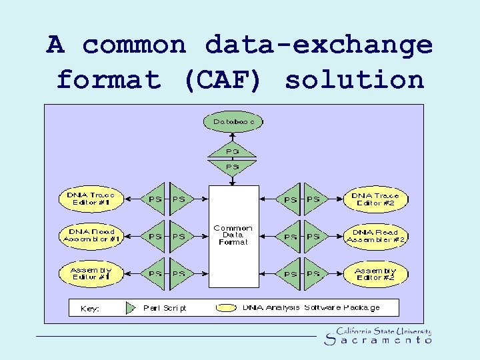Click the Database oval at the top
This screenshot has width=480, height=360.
(x=233, y=122)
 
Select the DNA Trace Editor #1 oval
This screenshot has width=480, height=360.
(x=91, y=199)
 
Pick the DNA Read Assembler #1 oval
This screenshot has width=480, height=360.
(x=91, y=235)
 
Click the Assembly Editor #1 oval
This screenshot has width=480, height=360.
(x=91, y=273)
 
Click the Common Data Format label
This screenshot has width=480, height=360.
(x=233, y=235)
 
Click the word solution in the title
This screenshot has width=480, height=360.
(x=355, y=80)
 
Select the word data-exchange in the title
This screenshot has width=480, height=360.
(x=319, y=45)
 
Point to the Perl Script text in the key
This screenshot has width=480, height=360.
(x=165, y=308)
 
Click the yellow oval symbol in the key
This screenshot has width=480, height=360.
(x=226, y=307)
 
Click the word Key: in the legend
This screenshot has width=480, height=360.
(x=89, y=309)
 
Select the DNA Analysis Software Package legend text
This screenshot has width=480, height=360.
(x=311, y=307)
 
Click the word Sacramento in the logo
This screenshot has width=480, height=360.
(x=377, y=341)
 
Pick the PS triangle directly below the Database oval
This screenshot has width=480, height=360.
(x=233, y=166)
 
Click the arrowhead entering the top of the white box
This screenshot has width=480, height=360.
(x=233, y=181)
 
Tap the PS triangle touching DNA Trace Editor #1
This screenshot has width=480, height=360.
(x=156, y=199)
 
